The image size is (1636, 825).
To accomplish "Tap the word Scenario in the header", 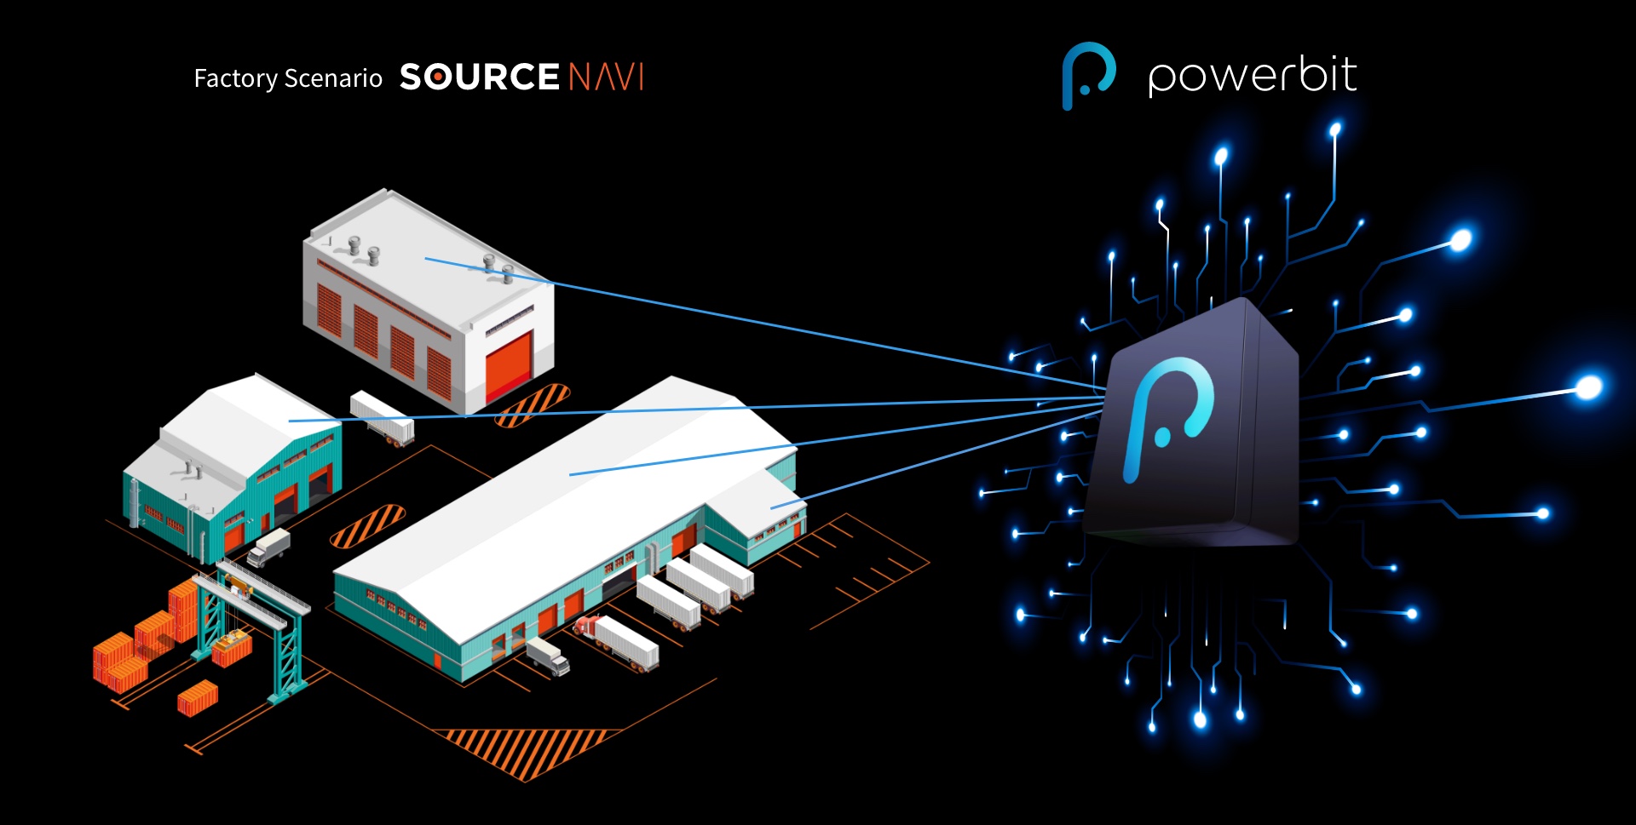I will pos(333,78).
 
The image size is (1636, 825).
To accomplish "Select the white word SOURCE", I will pos(479,77).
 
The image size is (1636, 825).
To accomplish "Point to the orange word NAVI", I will pos(606,77).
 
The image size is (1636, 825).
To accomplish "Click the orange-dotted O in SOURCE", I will pos(437,77).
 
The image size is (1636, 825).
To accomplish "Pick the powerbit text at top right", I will pos(1252,77).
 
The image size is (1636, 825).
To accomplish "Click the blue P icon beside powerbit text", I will pos(1088,75).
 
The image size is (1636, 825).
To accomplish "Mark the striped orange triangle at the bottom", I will pos(524,749).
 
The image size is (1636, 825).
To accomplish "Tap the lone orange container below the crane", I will pos(198,698).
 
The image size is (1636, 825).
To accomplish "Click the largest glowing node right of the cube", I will pos(1587,387).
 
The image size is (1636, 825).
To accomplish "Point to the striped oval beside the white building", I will pos(533,404).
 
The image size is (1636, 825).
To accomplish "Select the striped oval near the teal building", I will pos(367,525).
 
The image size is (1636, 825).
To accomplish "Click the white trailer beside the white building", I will pos(382,417).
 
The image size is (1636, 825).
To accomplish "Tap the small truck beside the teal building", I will pos(269,547).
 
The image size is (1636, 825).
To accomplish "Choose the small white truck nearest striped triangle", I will pos(547,656).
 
